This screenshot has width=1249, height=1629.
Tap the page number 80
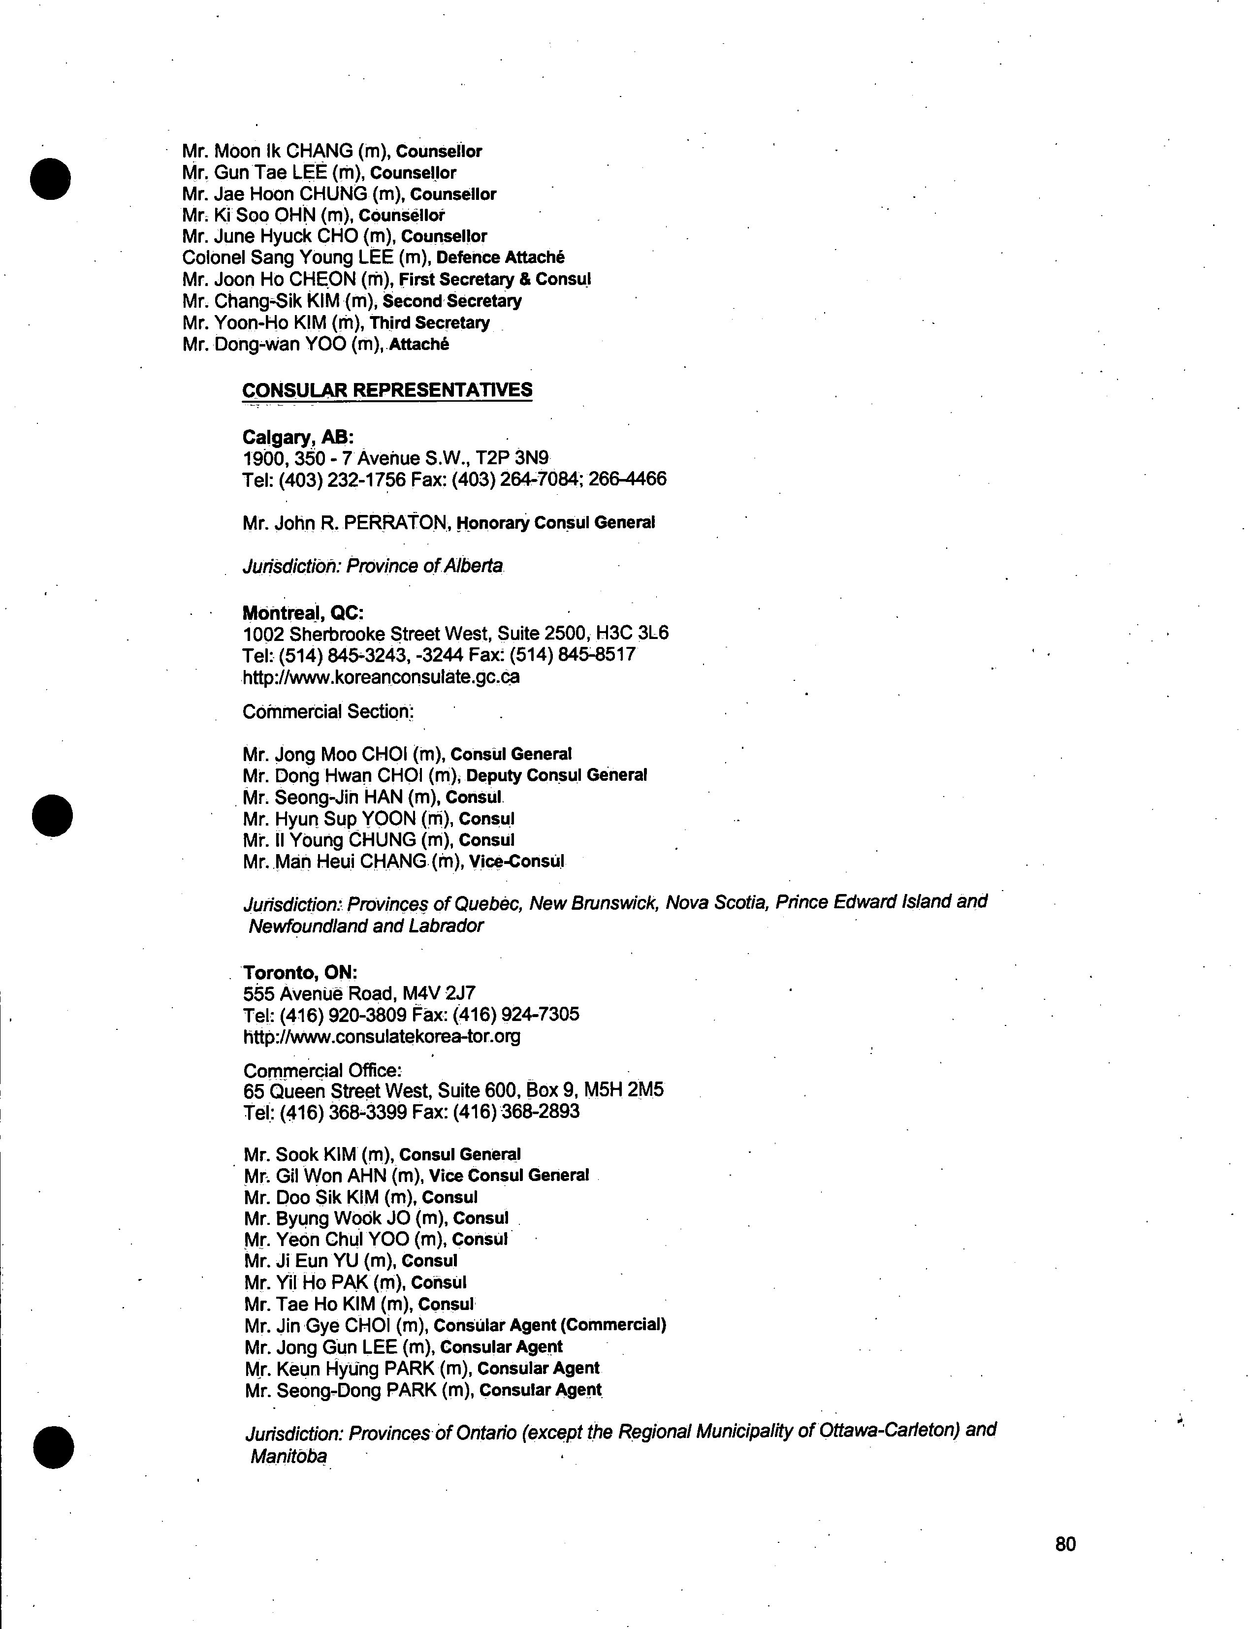(1064, 1543)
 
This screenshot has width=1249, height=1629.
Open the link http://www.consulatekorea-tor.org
(382, 1036)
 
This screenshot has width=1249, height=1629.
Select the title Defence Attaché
(500, 257)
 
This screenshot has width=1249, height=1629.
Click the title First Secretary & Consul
(494, 280)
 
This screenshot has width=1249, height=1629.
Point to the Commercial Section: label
(328, 711)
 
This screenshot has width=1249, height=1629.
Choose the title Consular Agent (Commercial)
(549, 1325)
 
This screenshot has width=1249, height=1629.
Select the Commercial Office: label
(322, 1071)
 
